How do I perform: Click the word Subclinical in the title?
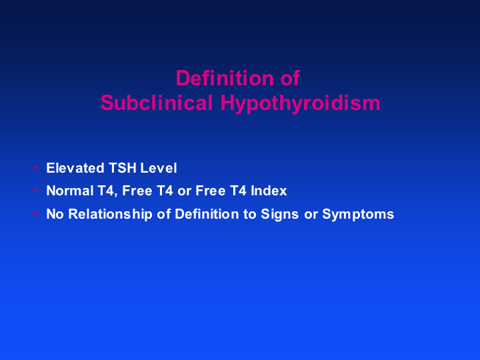pyautogui.click(x=157, y=103)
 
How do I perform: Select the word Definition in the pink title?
pyautogui.click(x=225, y=78)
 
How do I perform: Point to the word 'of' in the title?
pyautogui.click(x=290, y=78)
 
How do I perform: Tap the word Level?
pyautogui.click(x=159, y=168)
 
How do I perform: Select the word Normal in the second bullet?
pyautogui.click(x=70, y=191)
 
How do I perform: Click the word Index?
pyautogui.click(x=269, y=191)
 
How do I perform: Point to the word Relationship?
pyautogui.click(x=110, y=214)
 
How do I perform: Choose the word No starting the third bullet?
pyautogui.click(x=55, y=214)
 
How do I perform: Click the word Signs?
pyautogui.click(x=279, y=214)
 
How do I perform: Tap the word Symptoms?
pyautogui.click(x=358, y=214)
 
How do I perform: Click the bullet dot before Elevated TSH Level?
pyautogui.click(x=35, y=168)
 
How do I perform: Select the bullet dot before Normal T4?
pyautogui.click(x=35, y=191)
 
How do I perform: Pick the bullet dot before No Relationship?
pyautogui.click(x=35, y=213)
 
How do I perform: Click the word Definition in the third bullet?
pyautogui.click(x=207, y=214)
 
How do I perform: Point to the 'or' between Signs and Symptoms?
pyautogui.click(x=311, y=215)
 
